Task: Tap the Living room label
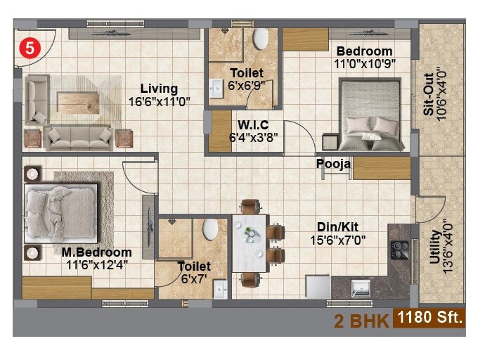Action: (x=158, y=89)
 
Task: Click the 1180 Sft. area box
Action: (x=430, y=318)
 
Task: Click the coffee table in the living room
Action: (x=78, y=103)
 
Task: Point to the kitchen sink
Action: (x=361, y=287)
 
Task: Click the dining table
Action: (x=249, y=243)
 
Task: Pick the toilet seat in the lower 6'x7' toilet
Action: (x=209, y=229)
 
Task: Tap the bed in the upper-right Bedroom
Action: (x=372, y=115)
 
